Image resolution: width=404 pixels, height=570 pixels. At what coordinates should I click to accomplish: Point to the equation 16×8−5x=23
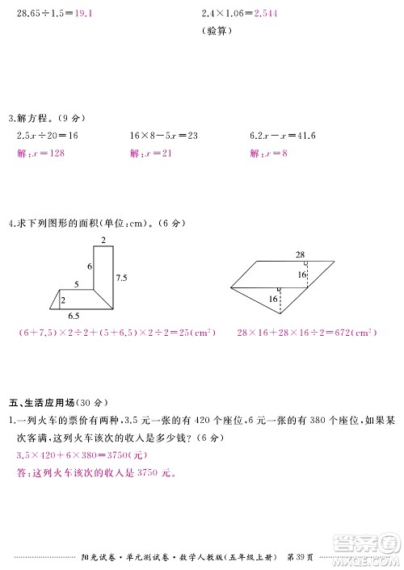[x=164, y=136]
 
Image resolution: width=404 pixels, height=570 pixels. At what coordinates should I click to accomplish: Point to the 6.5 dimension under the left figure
[x=74, y=315]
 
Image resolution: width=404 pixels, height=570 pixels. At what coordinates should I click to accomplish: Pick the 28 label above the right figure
[x=300, y=255]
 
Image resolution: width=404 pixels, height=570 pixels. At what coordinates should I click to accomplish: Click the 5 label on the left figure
[x=76, y=284]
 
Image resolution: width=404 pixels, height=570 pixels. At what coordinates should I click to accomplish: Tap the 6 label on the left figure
[x=89, y=266]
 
